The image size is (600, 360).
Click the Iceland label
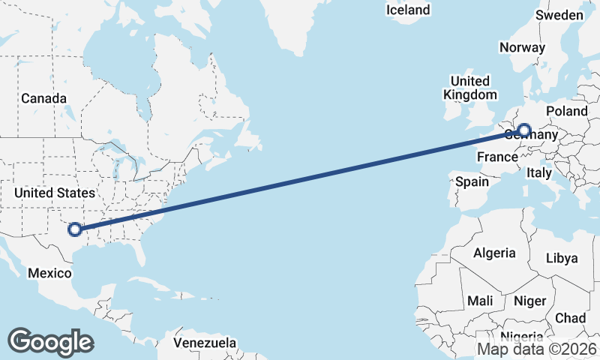[408, 10]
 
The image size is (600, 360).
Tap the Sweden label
[559, 16]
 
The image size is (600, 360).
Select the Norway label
[522, 47]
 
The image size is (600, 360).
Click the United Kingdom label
[470, 88]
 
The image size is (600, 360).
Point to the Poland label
[567, 111]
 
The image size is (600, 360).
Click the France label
[498, 157]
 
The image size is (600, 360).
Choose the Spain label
[472, 181]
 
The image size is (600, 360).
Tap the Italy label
[539, 172]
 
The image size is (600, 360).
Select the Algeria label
[494, 253]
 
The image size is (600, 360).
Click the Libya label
[562, 258]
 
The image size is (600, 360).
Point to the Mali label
[480, 301]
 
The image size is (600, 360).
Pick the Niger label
[529, 301]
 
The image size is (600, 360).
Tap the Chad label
[570, 318]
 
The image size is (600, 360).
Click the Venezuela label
[205, 343]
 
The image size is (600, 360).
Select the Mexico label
[49, 273]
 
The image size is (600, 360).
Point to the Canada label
[43, 98]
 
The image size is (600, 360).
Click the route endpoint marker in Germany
[523, 130]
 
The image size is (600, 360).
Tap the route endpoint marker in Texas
[75, 229]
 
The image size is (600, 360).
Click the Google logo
[50, 341]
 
